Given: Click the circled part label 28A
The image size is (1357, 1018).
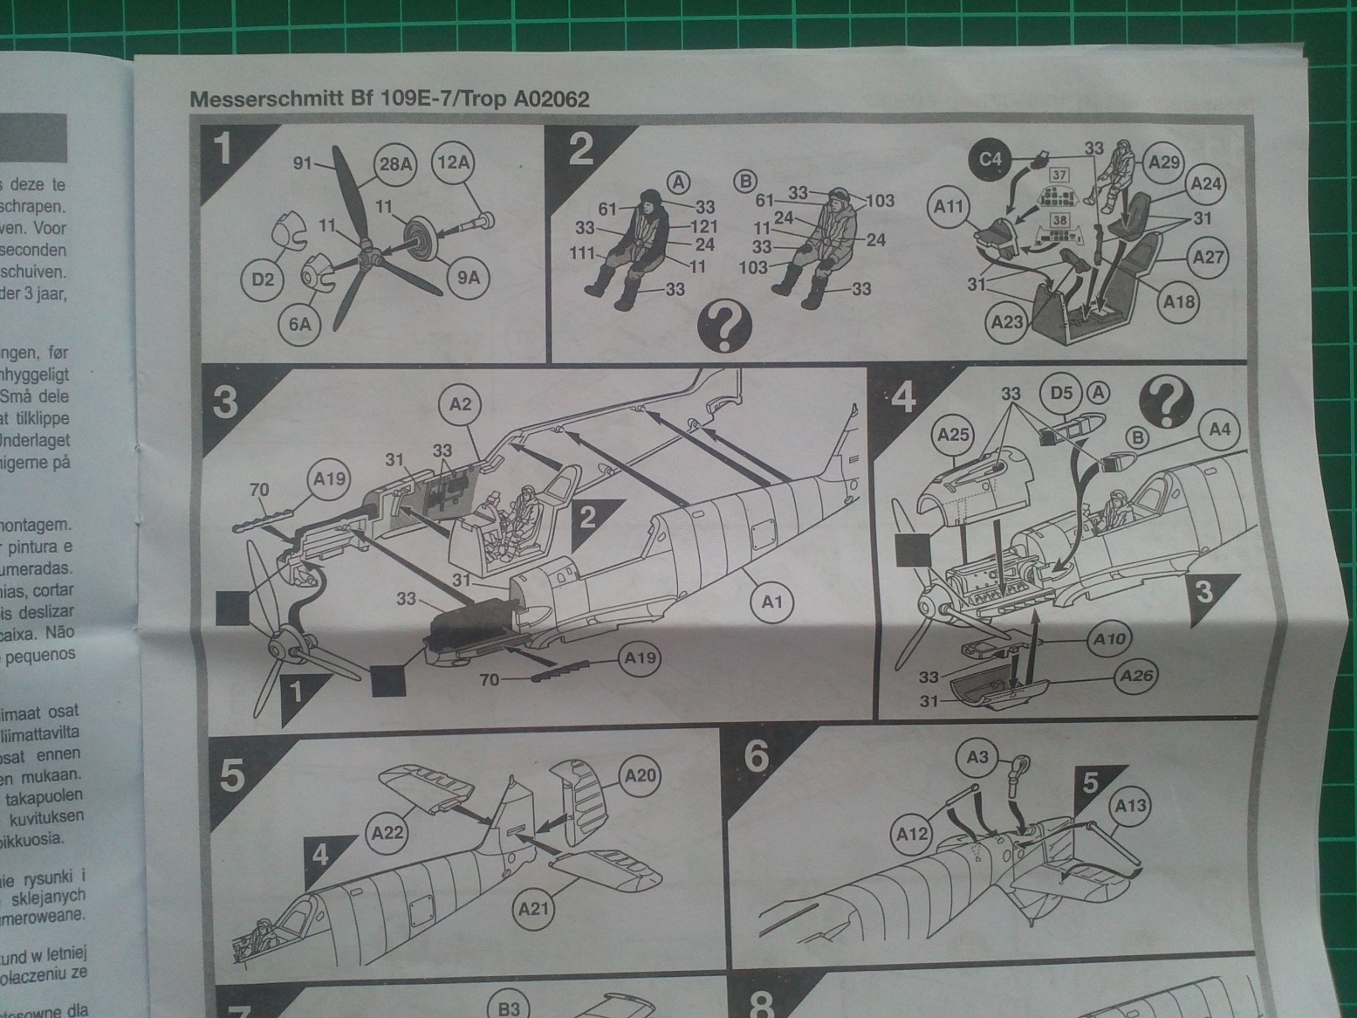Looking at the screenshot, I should pyautogui.click(x=395, y=164).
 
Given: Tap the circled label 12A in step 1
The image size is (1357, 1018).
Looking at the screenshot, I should pyautogui.click(x=455, y=162).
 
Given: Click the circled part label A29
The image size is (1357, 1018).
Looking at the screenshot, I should pyautogui.click(x=1165, y=162).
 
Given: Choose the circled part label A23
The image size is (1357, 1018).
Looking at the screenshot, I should pyautogui.click(x=1008, y=322).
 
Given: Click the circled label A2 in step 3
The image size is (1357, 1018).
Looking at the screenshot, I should pyautogui.click(x=460, y=403).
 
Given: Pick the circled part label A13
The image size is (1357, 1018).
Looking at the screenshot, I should pyautogui.click(x=1130, y=807).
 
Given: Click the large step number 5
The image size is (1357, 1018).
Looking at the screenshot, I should pyautogui.click(x=231, y=774).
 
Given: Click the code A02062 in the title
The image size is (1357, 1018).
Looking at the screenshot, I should pyautogui.click(x=552, y=100).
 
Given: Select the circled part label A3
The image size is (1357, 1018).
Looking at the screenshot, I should pyautogui.click(x=977, y=756).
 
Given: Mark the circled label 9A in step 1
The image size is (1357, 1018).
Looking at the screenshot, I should pyautogui.click(x=468, y=279).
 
